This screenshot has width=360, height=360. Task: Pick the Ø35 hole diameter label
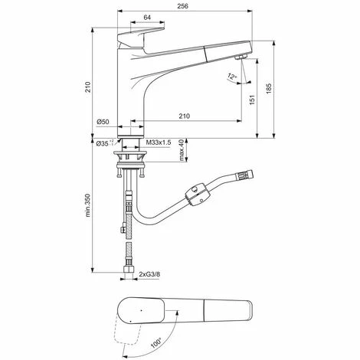[103, 143]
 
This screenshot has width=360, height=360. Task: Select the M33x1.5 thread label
[158, 143]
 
